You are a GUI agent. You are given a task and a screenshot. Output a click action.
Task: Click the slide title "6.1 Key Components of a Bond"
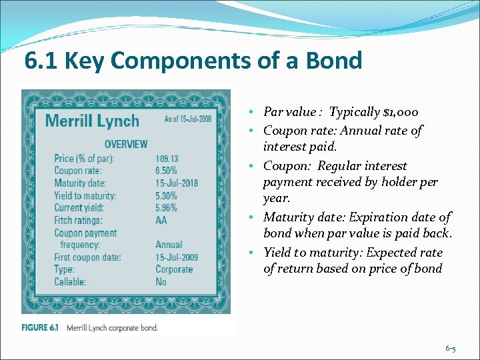click(193, 61)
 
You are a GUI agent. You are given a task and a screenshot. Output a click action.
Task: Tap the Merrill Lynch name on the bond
click(92, 121)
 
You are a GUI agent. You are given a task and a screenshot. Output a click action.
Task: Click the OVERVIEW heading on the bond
click(126, 144)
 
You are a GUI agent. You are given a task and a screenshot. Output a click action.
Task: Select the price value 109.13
click(167, 159)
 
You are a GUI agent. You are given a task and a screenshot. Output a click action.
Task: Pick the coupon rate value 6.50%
click(167, 171)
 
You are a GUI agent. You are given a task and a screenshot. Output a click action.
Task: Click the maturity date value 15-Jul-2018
click(176, 183)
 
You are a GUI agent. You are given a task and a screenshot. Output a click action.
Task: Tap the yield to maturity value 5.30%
click(166, 196)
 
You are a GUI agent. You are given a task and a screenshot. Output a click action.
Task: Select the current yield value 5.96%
click(166, 208)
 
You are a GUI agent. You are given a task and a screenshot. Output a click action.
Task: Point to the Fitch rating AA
click(161, 221)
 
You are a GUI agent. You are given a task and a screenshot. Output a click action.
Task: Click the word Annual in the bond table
click(169, 245)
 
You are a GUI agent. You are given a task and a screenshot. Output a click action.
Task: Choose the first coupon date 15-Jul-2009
click(176, 257)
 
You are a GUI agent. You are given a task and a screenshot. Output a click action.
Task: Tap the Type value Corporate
click(174, 269)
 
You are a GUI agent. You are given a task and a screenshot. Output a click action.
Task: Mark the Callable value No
click(161, 282)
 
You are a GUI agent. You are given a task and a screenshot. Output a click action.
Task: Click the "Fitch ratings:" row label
click(78, 221)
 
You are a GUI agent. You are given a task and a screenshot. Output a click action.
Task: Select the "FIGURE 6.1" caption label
click(40, 327)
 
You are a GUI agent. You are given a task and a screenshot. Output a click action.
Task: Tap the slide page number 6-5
click(450, 349)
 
